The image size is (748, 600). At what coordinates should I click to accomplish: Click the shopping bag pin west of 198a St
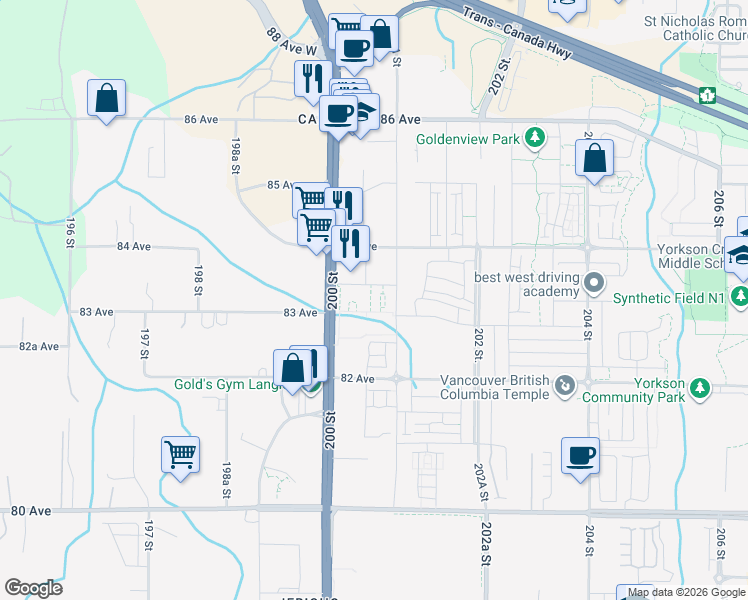pyautogui.click(x=105, y=100)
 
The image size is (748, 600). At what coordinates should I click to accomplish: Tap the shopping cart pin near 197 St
pyautogui.click(x=180, y=455)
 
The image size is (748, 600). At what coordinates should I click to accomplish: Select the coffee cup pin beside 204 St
pyautogui.click(x=580, y=456)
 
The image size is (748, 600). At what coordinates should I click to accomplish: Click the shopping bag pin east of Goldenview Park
pyautogui.click(x=594, y=158)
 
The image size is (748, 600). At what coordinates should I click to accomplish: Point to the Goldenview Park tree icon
pyautogui.click(x=535, y=137)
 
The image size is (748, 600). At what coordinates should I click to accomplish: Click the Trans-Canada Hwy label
pyautogui.click(x=517, y=35)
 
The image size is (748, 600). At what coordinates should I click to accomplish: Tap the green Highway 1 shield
pyautogui.click(x=708, y=95)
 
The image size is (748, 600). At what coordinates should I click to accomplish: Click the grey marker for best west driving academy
pyautogui.click(x=594, y=283)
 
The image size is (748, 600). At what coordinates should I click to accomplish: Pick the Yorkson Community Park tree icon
pyautogui.click(x=701, y=386)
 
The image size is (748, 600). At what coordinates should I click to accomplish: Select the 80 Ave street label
pyautogui.click(x=31, y=511)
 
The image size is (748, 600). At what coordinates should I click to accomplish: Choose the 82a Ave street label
pyautogui.click(x=38, y=346)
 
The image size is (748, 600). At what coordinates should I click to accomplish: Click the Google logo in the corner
pyautogui.click(x=33, y=588)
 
